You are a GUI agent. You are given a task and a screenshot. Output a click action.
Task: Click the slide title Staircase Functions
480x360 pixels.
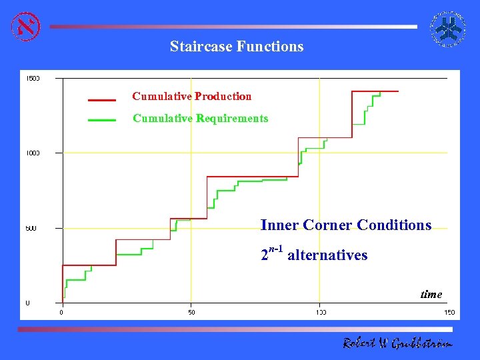click(x=236, y=47)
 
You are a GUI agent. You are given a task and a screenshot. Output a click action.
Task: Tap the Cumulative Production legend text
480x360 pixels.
click(x=192, y=97)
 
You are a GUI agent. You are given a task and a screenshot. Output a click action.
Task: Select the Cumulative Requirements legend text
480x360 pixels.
click(x=200, y=119)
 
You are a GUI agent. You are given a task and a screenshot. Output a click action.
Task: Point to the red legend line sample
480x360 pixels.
click(x=101, y=100)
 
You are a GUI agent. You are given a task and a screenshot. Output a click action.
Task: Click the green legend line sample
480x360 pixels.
click(x=101, y=121)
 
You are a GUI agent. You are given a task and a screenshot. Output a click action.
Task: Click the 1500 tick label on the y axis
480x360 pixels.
click(x=33, y=78)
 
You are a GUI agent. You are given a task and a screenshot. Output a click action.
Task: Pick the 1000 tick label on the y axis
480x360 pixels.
click(x=33, y=153)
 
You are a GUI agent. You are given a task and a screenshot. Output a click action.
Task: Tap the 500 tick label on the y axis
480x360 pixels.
click(x=31, y=229)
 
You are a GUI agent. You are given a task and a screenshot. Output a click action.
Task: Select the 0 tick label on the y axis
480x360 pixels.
click(x=27, y=303)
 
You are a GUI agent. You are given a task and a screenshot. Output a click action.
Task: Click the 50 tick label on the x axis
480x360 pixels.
click(x=191, y=312)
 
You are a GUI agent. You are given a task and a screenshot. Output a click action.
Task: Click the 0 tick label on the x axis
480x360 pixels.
click(x=62, y=312)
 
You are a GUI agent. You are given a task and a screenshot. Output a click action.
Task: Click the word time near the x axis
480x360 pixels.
click(x=431, y=294)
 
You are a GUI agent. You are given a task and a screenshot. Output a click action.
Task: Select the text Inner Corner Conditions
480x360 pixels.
click(x=346, y=225)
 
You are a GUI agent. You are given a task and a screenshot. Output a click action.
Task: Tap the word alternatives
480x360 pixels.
click(x=327, y=255)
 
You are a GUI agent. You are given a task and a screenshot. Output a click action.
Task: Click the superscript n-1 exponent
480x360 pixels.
click(x=276, y=250)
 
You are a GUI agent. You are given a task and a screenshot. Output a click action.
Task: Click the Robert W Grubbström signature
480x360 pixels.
click(x=397, y=343)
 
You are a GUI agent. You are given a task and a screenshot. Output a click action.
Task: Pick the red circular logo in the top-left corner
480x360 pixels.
click(x=26, y=26)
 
